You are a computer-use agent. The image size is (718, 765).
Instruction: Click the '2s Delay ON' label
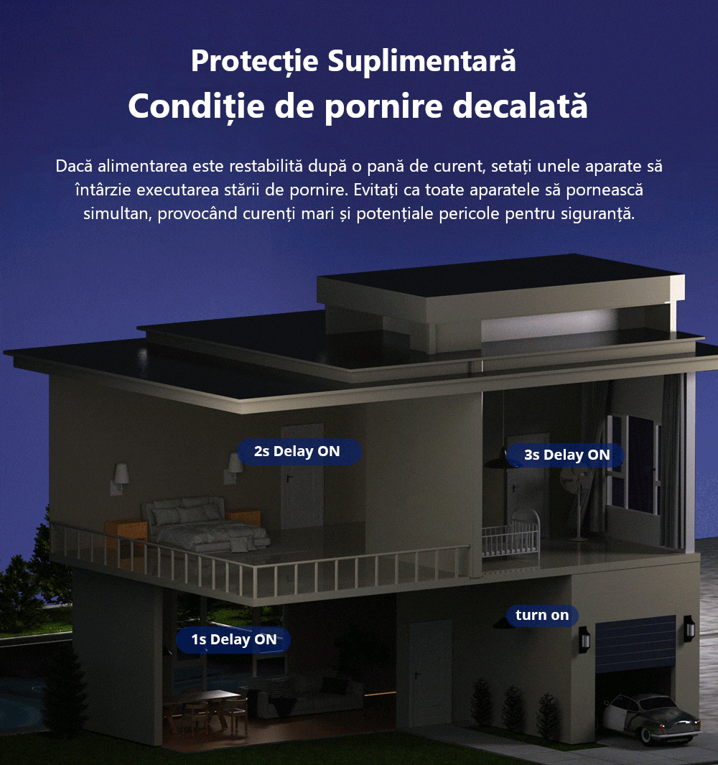pyautogui.click(x=297, y=451)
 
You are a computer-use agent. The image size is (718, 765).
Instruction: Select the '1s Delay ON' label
pyautogui.click(x=233, y=639)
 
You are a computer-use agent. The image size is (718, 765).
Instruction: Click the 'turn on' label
pyautogui.click(x=542, y=615)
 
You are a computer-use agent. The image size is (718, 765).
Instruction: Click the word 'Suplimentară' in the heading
pyautogui.click(x=421, y=62)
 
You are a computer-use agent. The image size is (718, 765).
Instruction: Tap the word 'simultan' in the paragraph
pyautogui.click(x=115, y=214)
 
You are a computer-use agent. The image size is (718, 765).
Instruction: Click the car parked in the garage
pyautogui.click(x=651, y=717)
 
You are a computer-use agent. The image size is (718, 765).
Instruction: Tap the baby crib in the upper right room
pyautogui.click(x=510, y=535)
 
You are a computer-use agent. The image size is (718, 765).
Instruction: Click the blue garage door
pyautogui.click(x=635, y=644)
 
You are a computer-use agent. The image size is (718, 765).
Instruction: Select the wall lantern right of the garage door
pyautogui.click(x=689, y=628)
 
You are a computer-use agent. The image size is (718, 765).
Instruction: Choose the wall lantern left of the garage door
pyautogui.click(x=584, y=639)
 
